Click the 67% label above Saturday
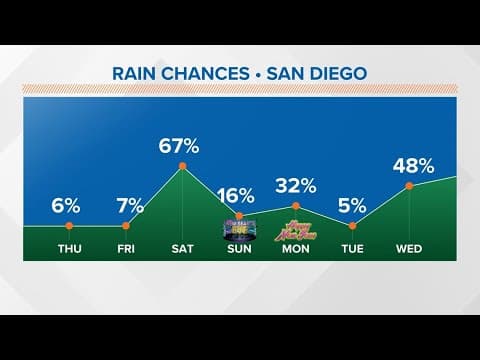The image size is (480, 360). point(181,146)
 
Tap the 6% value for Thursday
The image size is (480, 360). point(66,206)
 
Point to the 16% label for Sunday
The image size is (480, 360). point(238,195)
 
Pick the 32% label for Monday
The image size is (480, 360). point(296,185)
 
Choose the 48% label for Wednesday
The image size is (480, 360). point(408,166)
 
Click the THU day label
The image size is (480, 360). point(69,248)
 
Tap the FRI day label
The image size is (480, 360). point(125,248)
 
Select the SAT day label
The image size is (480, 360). point(182,248)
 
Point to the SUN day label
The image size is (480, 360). point(239,248)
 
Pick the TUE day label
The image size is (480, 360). point(353,248)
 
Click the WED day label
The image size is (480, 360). point(409,248)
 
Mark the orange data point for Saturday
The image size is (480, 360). point(182,166)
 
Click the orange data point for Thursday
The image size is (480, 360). point(69,226)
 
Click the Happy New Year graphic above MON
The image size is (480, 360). point(295,227)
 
